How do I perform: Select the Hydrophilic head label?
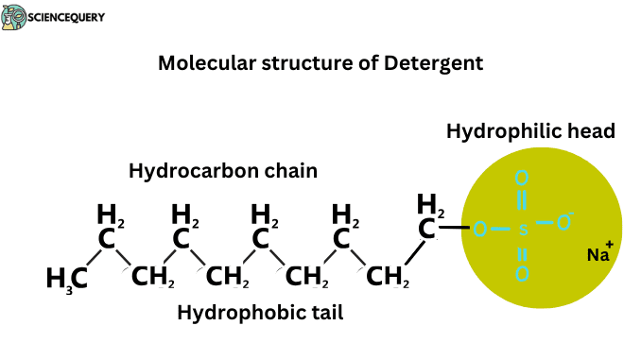click(x=530, y=131)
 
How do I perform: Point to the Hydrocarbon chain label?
click(x=222, y=171)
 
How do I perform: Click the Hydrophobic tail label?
click(x=260, y=312)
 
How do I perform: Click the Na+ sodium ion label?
click(x=599, y=254)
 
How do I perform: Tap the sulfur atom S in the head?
click(x=523, y=228)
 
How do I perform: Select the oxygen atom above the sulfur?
click(x=522, y=178)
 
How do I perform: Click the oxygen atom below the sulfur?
click(x=522, y=275)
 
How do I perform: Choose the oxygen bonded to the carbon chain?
click(x=480, y=228)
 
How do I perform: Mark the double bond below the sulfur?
click(x=522, y=252)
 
